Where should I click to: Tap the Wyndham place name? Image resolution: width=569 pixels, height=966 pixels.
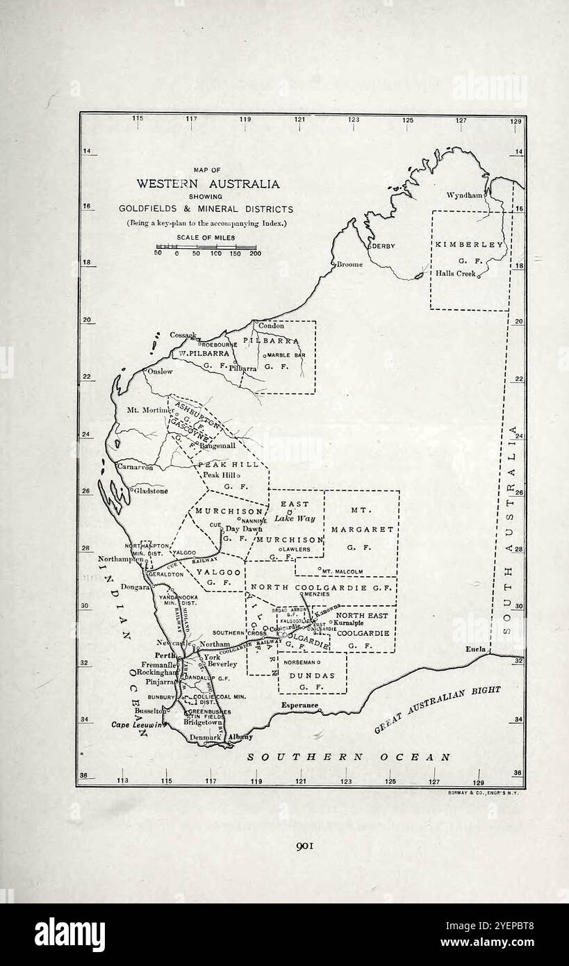(464, 196)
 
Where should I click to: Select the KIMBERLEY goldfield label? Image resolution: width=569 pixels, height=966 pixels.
(470, 245)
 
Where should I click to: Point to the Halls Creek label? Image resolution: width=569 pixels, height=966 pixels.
(456, 274)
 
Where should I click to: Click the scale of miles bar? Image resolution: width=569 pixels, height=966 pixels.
(206, 247)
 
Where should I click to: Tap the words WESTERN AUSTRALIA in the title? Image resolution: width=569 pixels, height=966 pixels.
(208, 184)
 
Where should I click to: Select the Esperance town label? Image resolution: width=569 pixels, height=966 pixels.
(300, 705)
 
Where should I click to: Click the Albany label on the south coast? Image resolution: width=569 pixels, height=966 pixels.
(241, 737)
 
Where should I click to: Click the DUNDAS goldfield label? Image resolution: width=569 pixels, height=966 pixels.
(312, 676)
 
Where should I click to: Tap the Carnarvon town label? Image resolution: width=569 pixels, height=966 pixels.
(135, 468)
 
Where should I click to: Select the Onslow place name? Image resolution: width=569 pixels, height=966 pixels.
(160, 372)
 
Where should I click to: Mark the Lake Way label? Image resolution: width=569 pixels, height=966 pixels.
(295, 518)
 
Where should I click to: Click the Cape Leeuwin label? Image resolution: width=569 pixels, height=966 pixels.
(137, 725)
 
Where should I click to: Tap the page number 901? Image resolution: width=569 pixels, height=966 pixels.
(306, 846)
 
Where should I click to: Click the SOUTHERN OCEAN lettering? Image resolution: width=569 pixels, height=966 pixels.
(349, 758)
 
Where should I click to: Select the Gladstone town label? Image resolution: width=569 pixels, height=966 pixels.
(151, 491)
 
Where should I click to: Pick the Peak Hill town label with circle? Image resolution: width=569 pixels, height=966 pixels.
(219, 475)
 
